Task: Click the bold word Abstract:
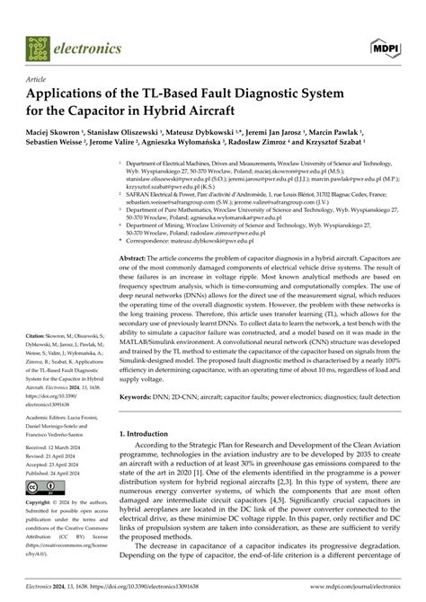[x=136, y=257]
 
